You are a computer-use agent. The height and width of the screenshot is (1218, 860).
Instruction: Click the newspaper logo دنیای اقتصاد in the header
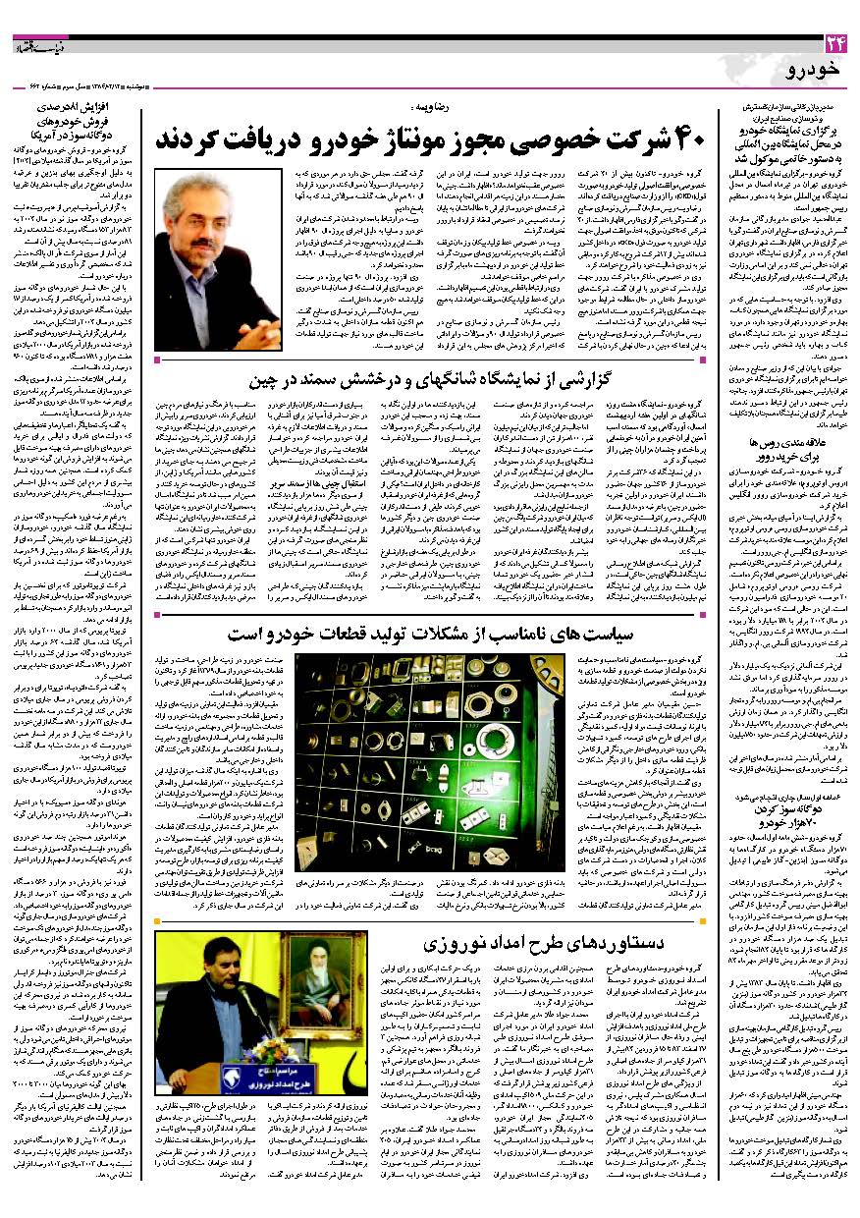coord(40,43)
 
